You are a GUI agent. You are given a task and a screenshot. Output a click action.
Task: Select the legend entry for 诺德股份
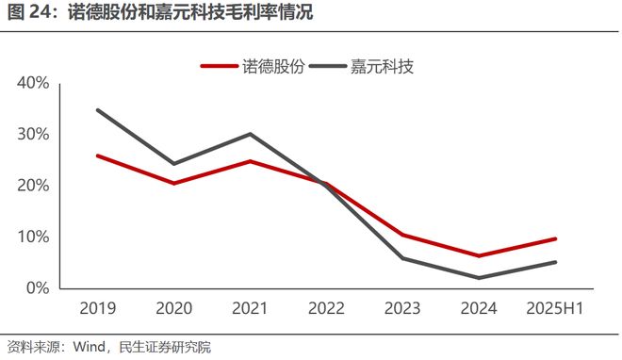(x=252, y=66)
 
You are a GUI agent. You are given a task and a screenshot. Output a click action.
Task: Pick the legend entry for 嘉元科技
(x=362, y=66)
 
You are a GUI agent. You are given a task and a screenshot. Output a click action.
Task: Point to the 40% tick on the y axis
(x=34, y=83)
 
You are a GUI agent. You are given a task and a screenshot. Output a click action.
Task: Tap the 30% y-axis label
(x=34, y=134)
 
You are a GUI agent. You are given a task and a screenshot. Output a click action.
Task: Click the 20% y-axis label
(x=34, y=186)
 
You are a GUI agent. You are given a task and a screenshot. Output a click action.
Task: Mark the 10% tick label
(x=34, y=237)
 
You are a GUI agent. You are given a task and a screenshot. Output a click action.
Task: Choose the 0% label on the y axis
(x=38, y=287)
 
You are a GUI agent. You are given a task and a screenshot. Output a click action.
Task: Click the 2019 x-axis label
(x=97, y=309)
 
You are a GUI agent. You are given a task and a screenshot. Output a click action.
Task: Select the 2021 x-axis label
(x=250, y=309)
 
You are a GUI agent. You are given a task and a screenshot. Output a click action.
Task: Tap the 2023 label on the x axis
(x=402, y=309)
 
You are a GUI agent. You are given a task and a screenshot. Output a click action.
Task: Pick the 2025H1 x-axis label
(x=554, y=309)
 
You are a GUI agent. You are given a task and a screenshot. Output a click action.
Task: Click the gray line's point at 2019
(x=97, y=110)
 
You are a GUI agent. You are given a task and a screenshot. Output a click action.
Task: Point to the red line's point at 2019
(x=97, y=155)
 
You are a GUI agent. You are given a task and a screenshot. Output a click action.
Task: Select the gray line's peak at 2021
(x=250, y=134)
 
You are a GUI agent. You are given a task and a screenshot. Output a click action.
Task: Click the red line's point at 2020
(x=173, y=183)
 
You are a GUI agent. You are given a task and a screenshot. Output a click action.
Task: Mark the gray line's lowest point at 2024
(x=479, y=277)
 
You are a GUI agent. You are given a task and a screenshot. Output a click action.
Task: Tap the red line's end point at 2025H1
(x=554, y=238)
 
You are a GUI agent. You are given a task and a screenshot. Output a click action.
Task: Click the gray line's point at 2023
(x=402, y=257)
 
